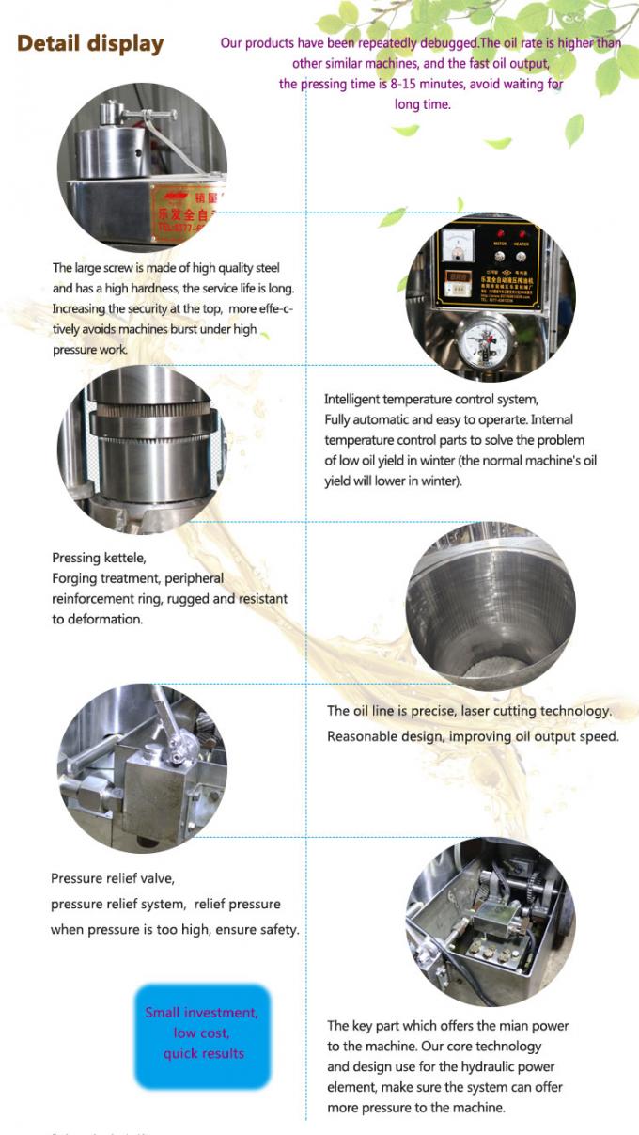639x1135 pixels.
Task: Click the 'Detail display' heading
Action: pos(90,44)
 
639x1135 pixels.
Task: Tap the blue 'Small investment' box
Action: pos(203,1033)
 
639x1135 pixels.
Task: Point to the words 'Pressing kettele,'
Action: pos(99,558)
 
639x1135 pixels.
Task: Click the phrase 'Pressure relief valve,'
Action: pos(113,878)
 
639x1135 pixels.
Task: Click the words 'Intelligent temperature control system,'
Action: pos(431,400)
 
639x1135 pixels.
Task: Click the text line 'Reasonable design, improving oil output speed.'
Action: pos(473,736)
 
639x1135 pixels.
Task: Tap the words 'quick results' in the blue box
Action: pos(203,1053)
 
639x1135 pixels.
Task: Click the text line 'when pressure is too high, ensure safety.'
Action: pos(175,929)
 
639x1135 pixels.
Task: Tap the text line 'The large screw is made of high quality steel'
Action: pos(166,268)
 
